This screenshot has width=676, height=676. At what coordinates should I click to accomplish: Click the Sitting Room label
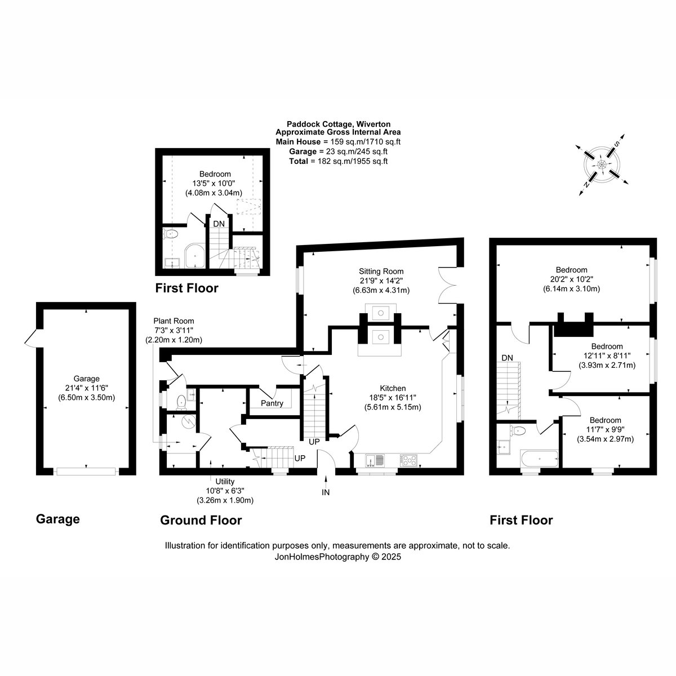pyautogui.click(x=381, y=271)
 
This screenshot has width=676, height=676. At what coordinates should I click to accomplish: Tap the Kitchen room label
pyautogui.click(x=393, y=388)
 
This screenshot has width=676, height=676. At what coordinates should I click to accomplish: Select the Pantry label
pyautogui.click(x=272, y=403)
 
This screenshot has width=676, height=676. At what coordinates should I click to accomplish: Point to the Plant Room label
pyautogui.click(x=174, y=321)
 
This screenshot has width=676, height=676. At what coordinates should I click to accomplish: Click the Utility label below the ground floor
pyautogui.click(x=225, y=481)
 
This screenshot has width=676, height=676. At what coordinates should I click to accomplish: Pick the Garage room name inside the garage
pyautogui.click(x=86, y=379)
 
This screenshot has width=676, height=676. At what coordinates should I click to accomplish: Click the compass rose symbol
pyautogui.click(x=602, y=164)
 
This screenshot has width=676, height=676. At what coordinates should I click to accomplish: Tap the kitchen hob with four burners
pyautogui.click(x=408, y=460)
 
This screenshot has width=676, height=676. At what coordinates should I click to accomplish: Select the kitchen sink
pyautogui.click(x=375, y=460)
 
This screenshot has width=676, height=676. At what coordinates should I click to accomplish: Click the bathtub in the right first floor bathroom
pyautogui.click(x=540, y=459)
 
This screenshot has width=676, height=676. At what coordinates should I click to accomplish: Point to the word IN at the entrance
pyautogui.click(x=326, y=492)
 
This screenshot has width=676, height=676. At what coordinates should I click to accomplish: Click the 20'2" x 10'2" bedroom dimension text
pyautogui.click(x=571, y=279)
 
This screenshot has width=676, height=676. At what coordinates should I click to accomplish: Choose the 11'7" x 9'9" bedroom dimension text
pyautogui.click(x=605, y=429)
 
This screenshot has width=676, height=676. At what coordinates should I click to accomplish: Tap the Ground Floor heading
pyautogui.click(x=201, y=521)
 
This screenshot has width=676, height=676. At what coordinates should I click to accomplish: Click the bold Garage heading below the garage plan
pyautogui.click(x=58, y=519)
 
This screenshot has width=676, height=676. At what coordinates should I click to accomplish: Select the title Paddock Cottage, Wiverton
pyautogui.click(x=339, y=124)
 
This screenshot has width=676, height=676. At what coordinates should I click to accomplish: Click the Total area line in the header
pyautogui.click(x=338, y=161)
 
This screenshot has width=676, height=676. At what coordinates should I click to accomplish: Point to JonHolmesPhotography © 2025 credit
pyautogui.click(x=337, y=557)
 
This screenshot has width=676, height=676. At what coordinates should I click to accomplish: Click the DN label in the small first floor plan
pyautogui.click(x=219, y=224)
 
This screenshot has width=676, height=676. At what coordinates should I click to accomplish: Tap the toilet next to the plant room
pyautogui.click(x=181, y=402)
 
